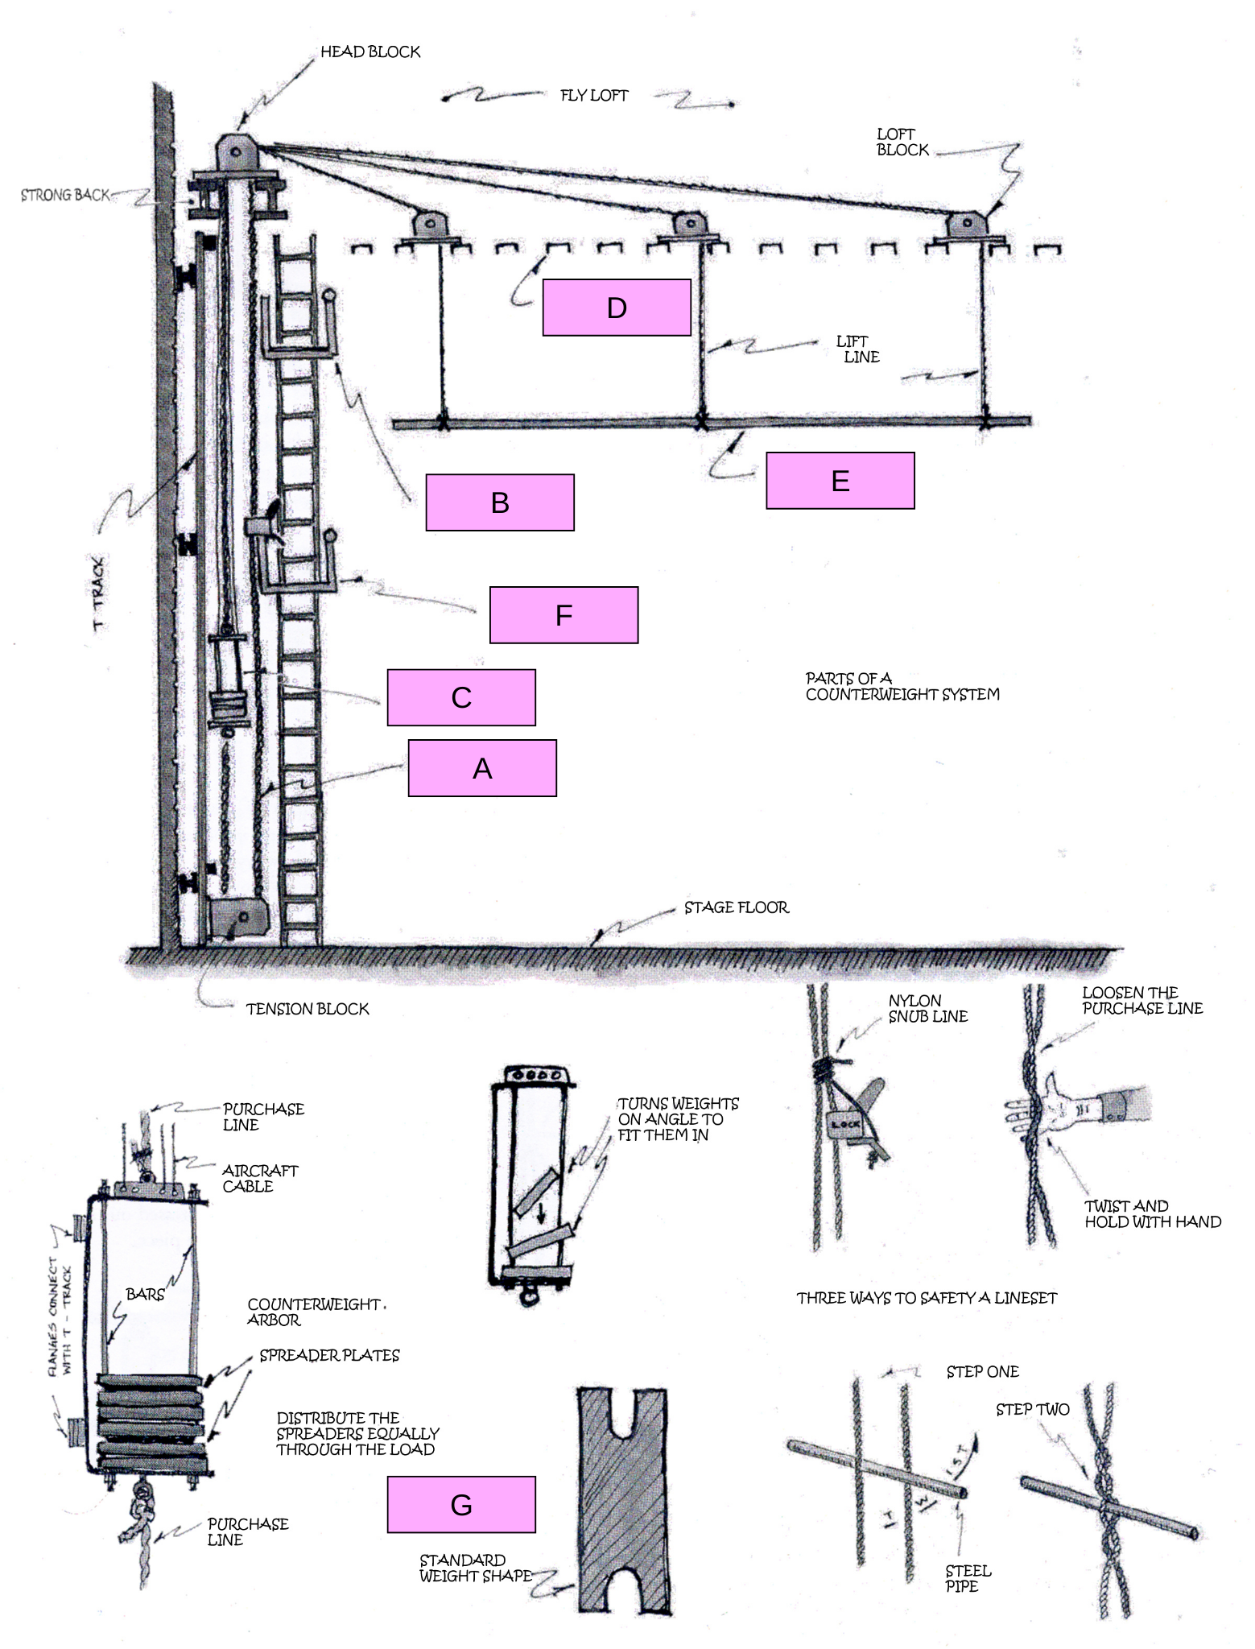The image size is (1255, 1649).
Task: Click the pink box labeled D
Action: (x=617, y=307)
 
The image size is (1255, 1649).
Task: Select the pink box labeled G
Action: (x=461, y=1504)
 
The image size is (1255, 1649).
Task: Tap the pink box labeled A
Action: (x=482, y=768)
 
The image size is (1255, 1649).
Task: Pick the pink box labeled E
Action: (x=840, y=481)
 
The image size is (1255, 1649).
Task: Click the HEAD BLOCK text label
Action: (x=370, y=52)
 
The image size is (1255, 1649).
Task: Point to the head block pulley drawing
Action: (x=238, y=152)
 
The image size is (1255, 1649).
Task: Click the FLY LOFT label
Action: (x=594, y=96)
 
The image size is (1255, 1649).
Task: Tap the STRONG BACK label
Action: (x=64, y=195)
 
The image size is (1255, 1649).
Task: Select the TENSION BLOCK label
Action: (x=308, y=1009)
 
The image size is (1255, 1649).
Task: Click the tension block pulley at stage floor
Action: (x=237, y=919)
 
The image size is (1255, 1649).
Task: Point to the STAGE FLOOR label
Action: (x=737, y=907)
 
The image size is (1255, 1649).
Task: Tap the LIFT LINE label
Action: (x=858, y=349)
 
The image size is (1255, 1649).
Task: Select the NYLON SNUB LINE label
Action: (x=927, y=1009)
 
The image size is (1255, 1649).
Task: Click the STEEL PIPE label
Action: (x=968, y=1578)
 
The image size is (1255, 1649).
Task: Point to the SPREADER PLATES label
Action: (x=329, y=1356)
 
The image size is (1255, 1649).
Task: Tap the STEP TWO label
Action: (x=1032, y=1410)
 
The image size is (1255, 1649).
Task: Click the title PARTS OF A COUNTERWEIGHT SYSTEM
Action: (x=902, y=687)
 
